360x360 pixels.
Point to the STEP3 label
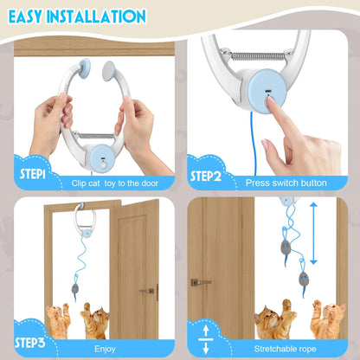(x=35, y=344)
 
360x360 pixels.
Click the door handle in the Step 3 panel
(x=148, y=291)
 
